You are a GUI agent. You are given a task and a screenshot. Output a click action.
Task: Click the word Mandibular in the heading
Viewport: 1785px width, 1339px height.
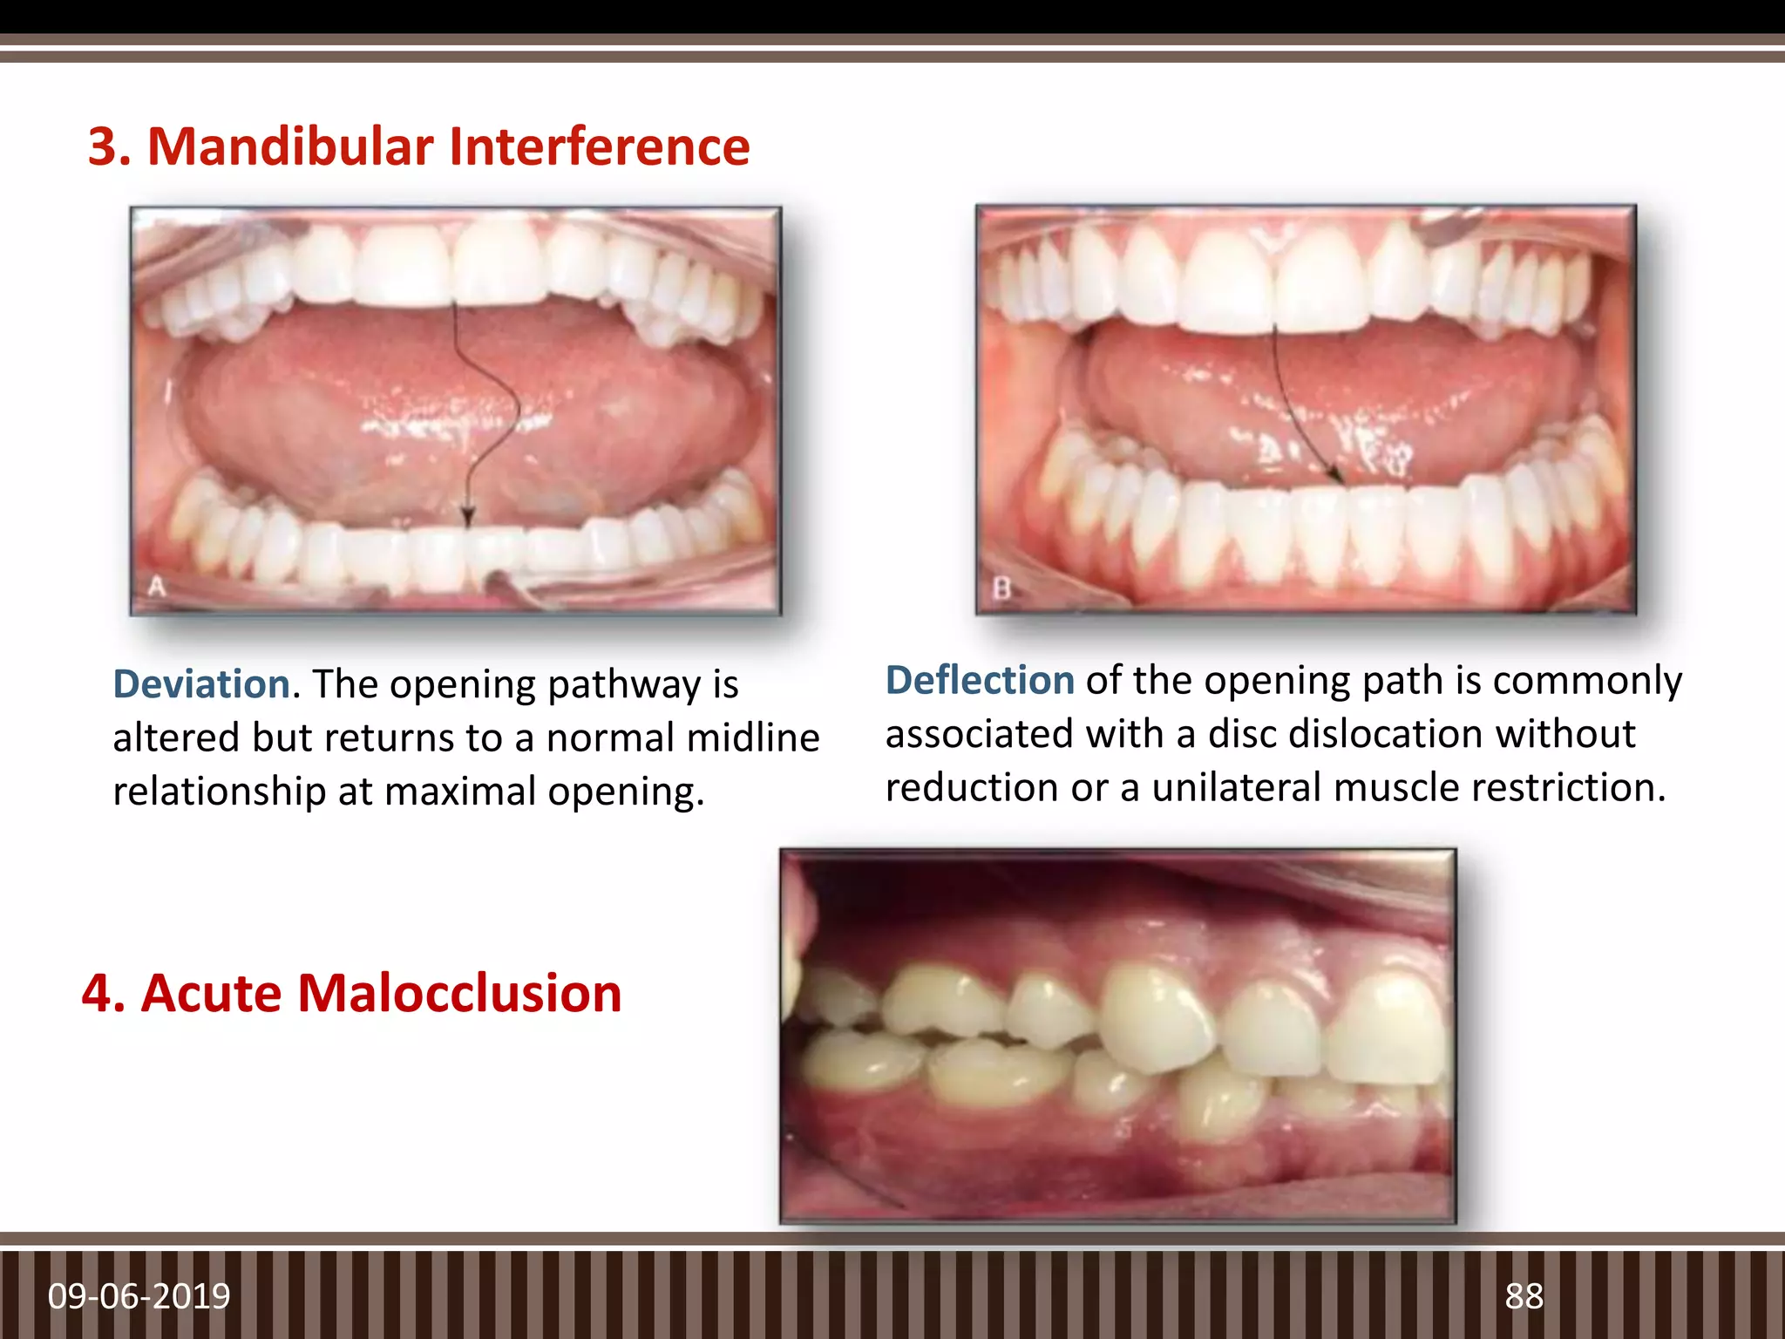tap(290, 146)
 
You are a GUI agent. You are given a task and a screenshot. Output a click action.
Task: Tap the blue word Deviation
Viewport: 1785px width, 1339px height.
tap(201, 684)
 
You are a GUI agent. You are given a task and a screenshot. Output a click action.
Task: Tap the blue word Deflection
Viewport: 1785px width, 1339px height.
tap(980, 681)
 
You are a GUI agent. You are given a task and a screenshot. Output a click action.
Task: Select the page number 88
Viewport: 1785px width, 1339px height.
tap(1524, 1296)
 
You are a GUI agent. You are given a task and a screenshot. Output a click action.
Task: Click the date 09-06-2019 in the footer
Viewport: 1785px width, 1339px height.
tap(139, 1296)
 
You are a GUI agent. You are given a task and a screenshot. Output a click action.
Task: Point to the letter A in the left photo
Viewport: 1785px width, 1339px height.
tap(156, 587)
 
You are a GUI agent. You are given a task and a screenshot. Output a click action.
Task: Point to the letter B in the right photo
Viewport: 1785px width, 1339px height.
tap(1001, 589)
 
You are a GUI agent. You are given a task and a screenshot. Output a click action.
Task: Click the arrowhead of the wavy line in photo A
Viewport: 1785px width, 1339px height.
tap(467, 516)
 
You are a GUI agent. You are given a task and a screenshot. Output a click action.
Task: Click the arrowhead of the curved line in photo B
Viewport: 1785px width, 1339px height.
tap(1335, 475)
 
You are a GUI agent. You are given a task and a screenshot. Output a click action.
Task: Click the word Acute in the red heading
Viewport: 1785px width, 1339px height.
tap(212, 994)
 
